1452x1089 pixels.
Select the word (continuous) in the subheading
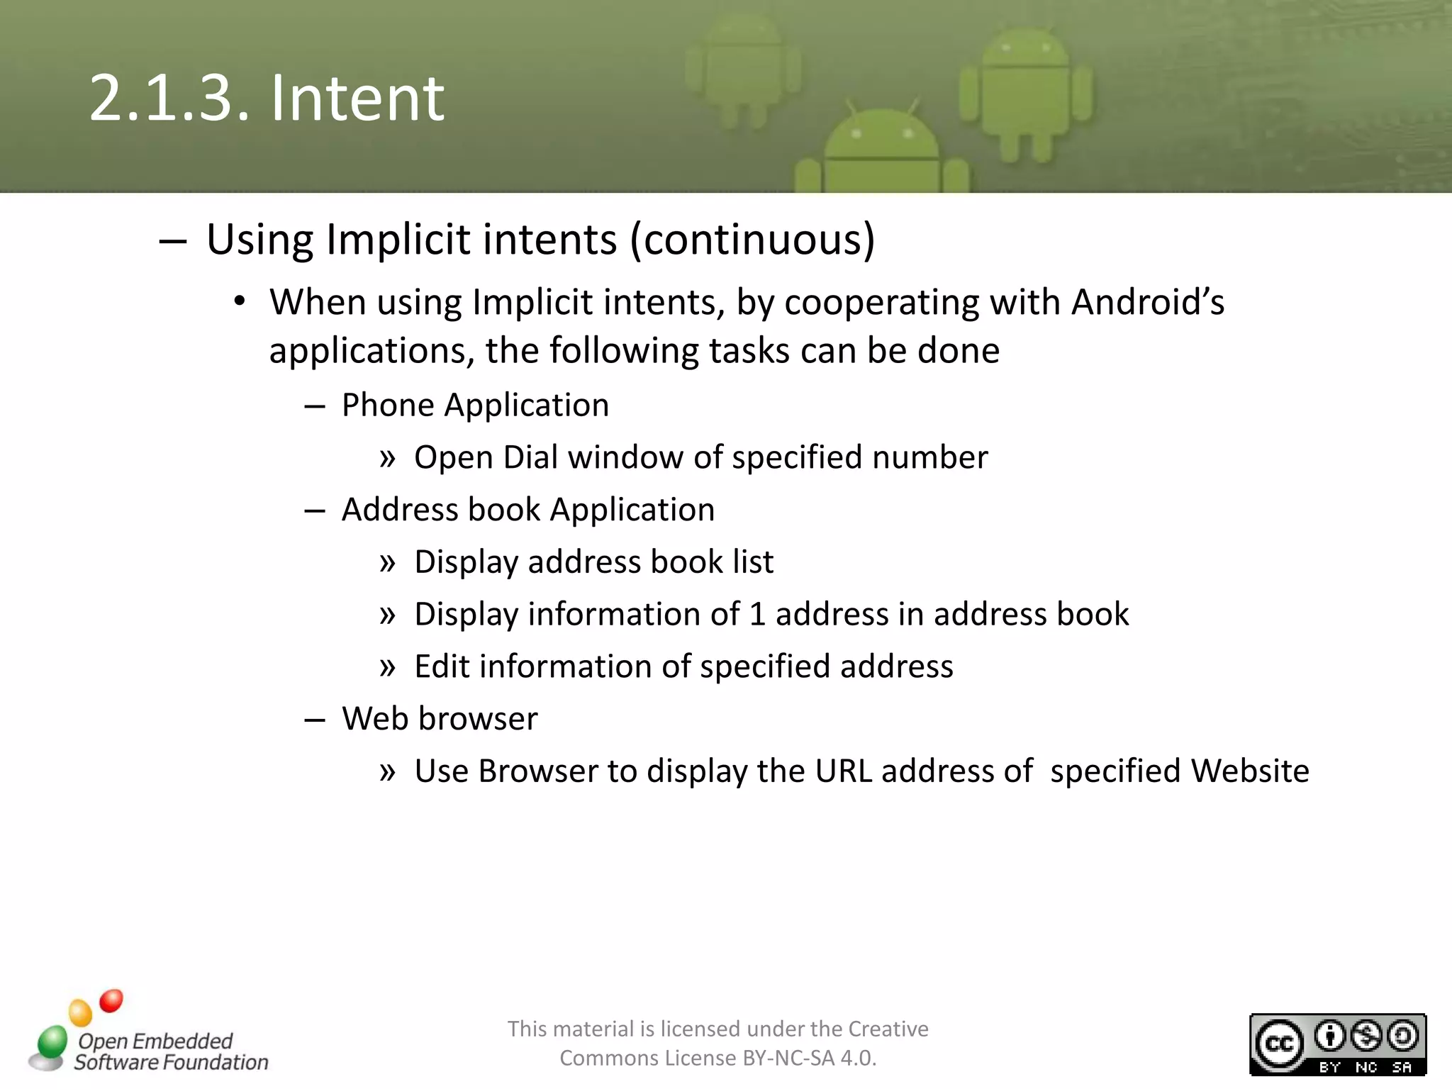click(x=753, y=240)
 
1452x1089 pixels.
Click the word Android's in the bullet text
click(x=1148, y=302)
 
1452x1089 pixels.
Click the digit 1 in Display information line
click(x=757, y=615)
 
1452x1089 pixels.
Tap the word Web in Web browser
click(x=374, y=719)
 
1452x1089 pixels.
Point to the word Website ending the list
click(x=1250, y=771)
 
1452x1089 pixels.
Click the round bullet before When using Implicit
click(x=240, y=302)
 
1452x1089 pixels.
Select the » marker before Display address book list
click(x=387, y=563)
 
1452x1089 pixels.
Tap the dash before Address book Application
click(x=314, y=510)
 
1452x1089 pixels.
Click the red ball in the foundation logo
click(x=111, y=1000)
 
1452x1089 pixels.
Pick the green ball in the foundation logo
click(x=52, y=1042)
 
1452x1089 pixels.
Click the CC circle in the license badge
click(x=1279, y=1044)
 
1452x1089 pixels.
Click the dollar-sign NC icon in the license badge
click(x=1366, y=1036)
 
